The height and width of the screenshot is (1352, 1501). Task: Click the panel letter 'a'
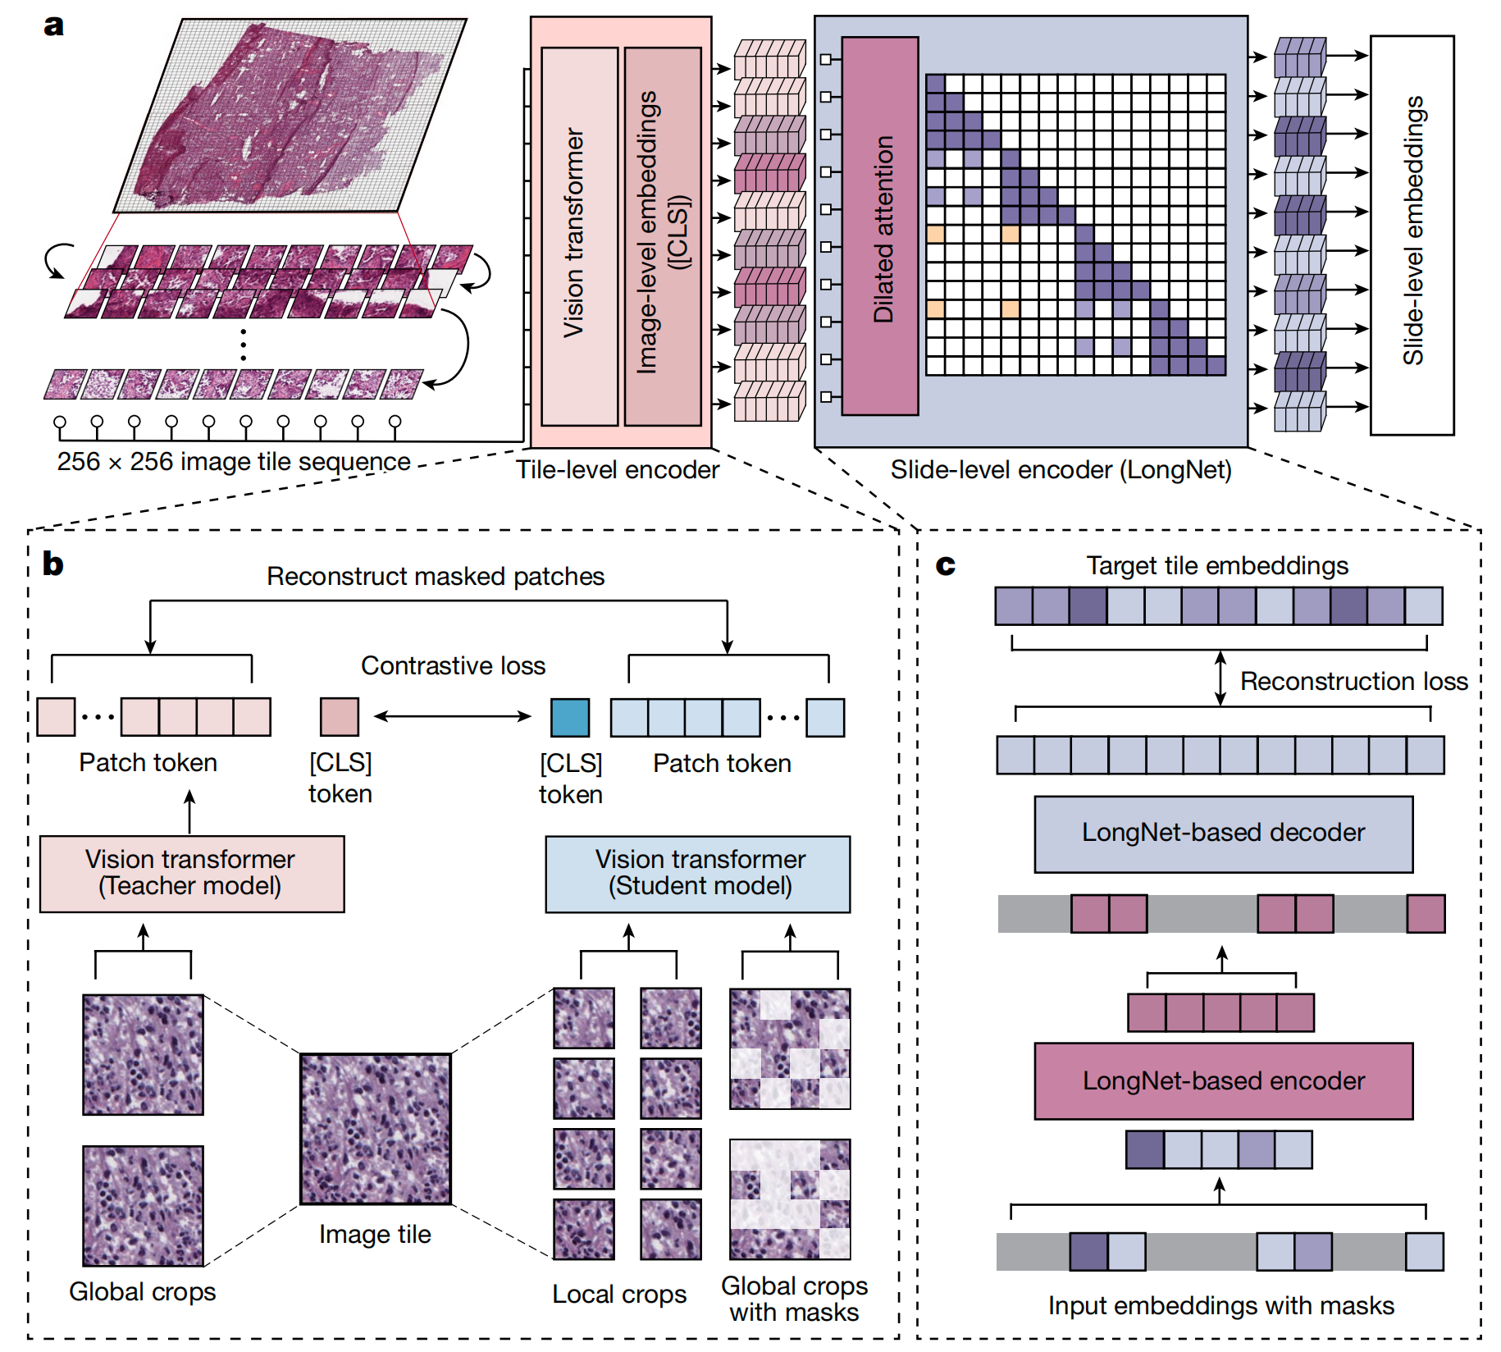[53, 25]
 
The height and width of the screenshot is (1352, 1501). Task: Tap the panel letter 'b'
[53, 564]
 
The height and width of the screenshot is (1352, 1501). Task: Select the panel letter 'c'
[946, 565]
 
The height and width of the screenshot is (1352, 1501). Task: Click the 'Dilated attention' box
[880, 226]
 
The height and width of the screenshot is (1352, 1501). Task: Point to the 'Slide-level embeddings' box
[1412, 234]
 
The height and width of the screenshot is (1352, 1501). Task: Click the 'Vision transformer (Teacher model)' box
[192, 874]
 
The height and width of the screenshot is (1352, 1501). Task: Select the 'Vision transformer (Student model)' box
[698, 874]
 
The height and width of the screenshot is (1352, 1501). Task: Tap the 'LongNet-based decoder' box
[1223, 834]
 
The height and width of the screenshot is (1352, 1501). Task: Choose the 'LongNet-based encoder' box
[1223, 1081]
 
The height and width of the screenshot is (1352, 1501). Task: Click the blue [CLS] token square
[570, 717]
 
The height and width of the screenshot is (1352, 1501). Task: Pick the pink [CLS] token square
[340, 717]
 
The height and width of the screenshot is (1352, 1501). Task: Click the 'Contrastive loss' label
[453, 665]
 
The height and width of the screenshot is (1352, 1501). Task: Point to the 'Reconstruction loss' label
[1353, 681]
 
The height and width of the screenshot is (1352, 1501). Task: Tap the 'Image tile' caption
[375, 1234]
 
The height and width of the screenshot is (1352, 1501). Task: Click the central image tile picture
[375, 1130]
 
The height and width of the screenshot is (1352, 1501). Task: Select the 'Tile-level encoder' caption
[617, 469]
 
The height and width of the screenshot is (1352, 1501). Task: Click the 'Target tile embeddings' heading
[1217, 565]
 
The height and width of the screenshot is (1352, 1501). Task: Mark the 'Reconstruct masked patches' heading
[436, 576]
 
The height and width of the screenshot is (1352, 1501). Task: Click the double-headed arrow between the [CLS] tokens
[453, 716]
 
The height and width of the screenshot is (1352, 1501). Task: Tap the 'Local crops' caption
[619, 1294]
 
